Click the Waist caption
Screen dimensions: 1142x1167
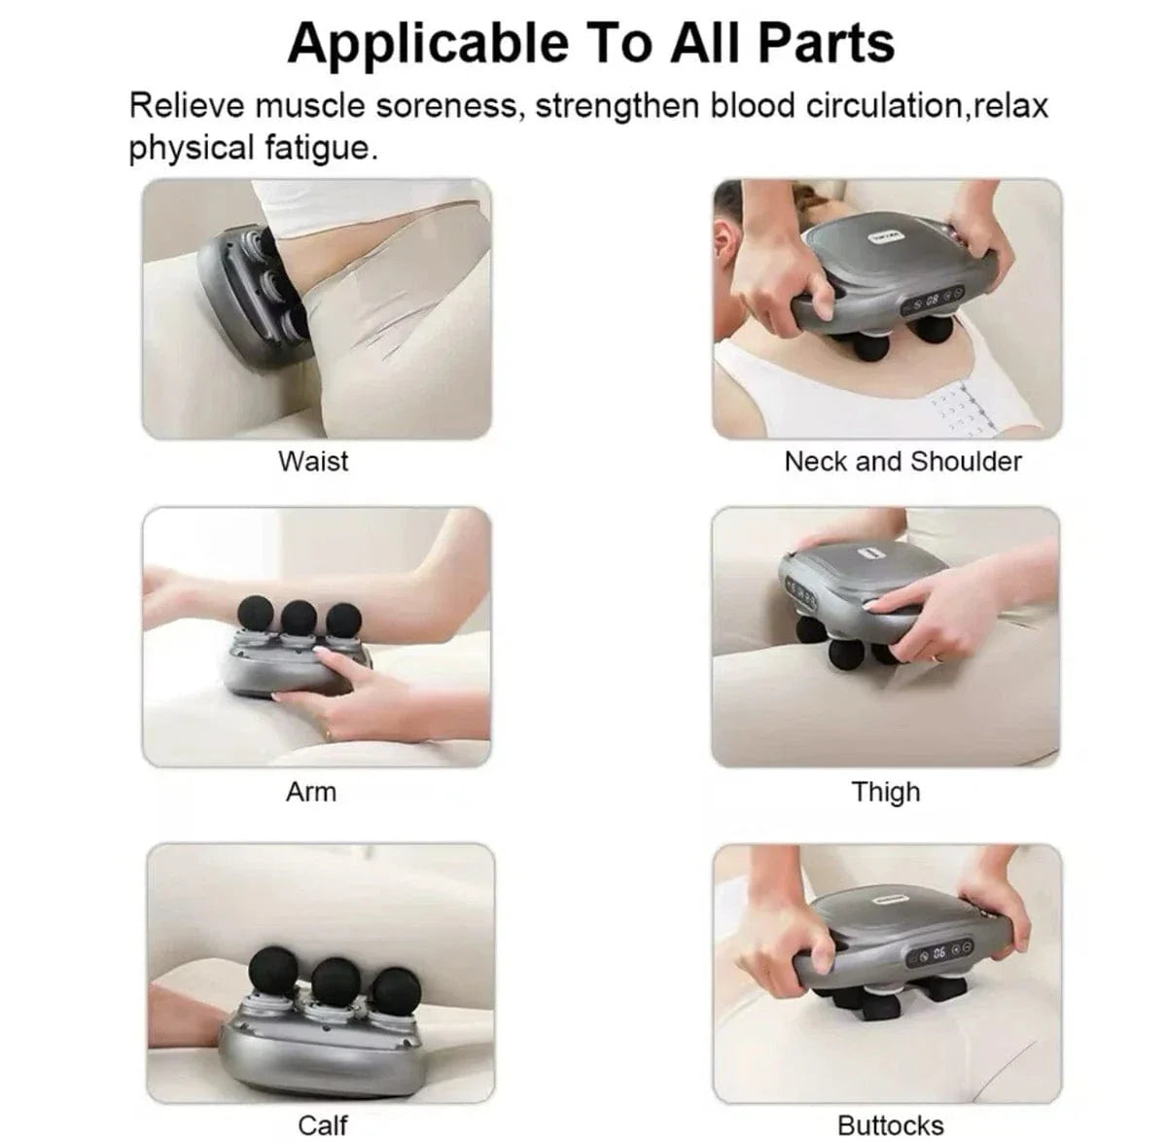point(312,460)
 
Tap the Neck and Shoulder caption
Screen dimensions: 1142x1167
point(902,460)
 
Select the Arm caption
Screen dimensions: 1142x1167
point(310,791)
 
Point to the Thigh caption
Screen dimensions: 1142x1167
point(885,791)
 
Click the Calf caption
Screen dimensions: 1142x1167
point(322,1124)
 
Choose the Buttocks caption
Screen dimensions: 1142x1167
point(890,1124)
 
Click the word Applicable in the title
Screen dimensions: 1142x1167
point(429,44)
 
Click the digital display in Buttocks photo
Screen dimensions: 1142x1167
point(939,951)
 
